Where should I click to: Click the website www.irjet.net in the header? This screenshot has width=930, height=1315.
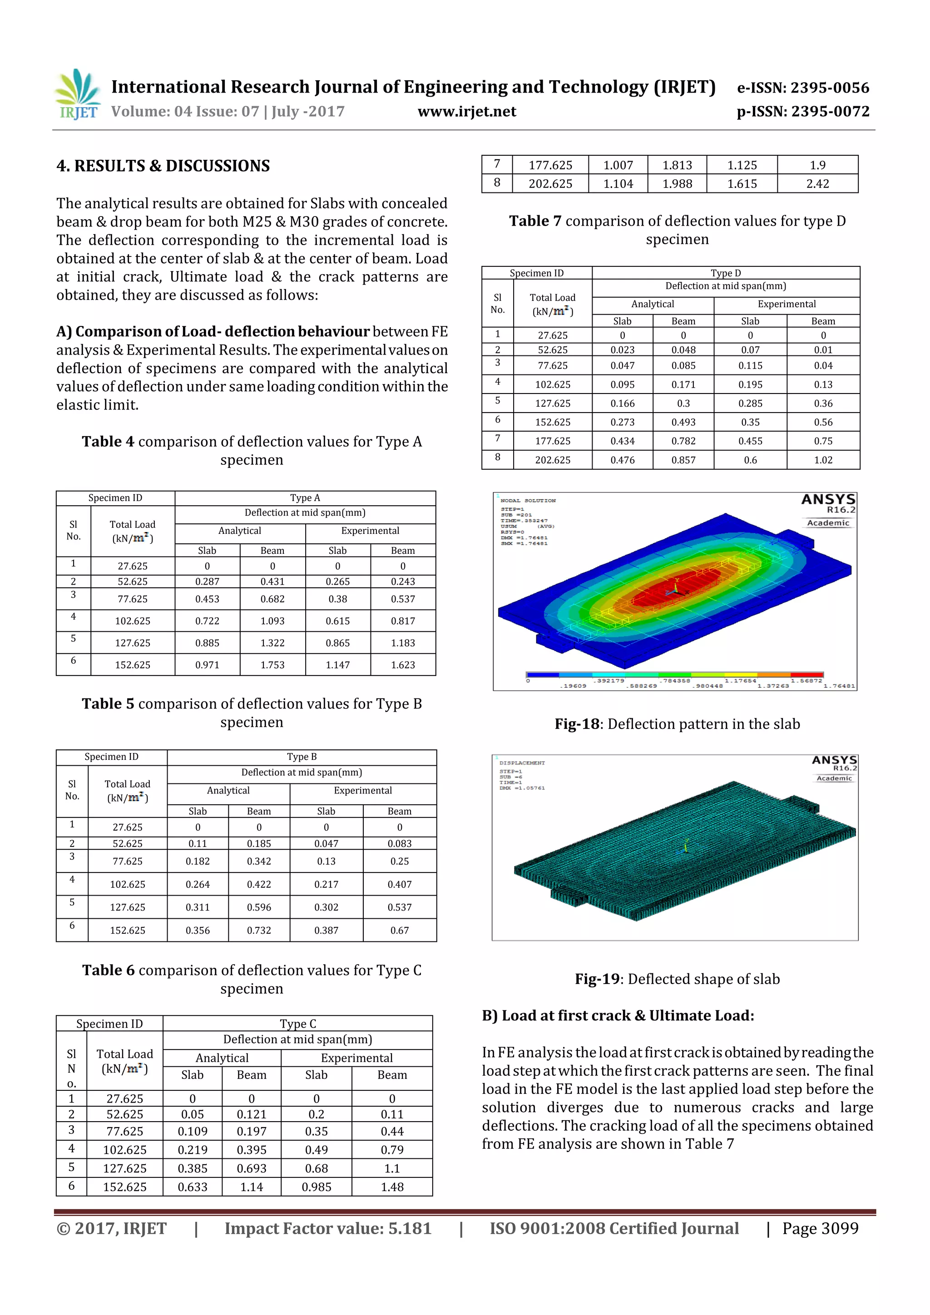[466, 112]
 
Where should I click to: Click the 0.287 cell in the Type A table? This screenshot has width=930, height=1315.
[207, 581]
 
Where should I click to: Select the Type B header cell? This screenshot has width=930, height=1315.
[302, 757]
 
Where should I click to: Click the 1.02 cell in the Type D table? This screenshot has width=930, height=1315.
[823, 460]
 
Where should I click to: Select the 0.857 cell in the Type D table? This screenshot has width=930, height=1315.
[683, 460]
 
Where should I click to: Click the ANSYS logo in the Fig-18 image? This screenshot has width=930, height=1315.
[827, 499]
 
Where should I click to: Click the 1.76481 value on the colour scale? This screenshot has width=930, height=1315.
[838, 685]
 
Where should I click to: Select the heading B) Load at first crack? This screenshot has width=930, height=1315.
[618, 1015]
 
